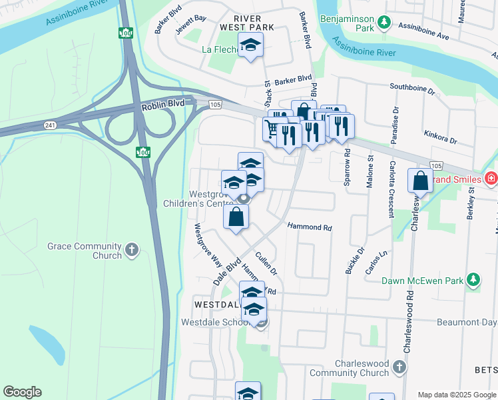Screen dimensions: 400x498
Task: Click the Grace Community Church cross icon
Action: coord(132,250)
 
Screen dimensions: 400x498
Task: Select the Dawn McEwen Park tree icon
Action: coord(473,281)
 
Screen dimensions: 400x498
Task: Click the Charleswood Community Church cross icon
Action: coord(399,367)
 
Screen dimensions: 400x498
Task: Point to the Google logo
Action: coord(22,392)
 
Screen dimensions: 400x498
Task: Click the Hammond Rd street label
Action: coord(310,227)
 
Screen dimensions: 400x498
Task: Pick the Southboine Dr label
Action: coord(412,87)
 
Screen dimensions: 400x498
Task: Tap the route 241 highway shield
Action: coord(51,125)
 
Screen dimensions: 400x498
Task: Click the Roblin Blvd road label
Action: coord(162,106)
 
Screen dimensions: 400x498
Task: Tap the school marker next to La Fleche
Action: coord(251,45)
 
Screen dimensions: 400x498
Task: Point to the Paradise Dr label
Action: coord(396,124)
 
